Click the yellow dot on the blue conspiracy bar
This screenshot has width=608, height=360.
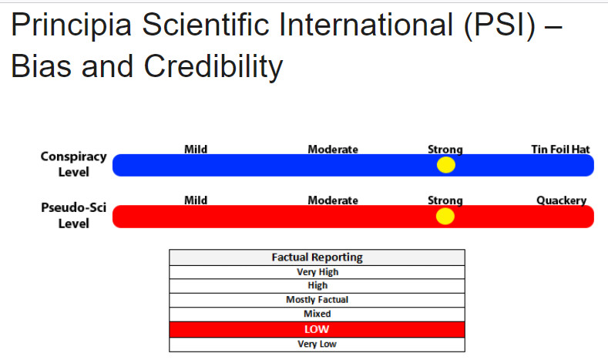coord(446,165)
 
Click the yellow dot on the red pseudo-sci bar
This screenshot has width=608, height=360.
coord(445,216)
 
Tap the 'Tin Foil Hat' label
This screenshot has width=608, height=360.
coord(560,150)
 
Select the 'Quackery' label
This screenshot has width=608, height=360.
coord(561,200)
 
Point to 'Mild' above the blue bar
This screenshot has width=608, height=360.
coord(196,150)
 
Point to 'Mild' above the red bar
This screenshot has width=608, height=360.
coord(196,200)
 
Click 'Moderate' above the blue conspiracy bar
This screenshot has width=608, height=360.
coord(333,150)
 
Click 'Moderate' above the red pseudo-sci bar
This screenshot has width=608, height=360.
coord(333,200)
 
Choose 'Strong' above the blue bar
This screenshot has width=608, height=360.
coord(445,150)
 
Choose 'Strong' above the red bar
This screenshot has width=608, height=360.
coord(445,200)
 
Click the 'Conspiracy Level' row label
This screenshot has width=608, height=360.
coord(74,164)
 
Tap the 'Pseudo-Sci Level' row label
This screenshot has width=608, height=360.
coord(74,215)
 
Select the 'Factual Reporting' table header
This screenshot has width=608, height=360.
coord(317,257)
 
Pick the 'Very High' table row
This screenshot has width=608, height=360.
coord(317,272)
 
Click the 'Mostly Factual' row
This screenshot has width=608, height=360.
coord(317,300)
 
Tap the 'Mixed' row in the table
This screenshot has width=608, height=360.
coord(317,315)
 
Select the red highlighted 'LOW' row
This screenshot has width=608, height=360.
coord(317,329)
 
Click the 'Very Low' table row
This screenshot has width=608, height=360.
coord(317,345)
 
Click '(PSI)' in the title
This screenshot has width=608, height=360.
coord(499,25)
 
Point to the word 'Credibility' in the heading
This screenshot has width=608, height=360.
coord(213,67)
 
